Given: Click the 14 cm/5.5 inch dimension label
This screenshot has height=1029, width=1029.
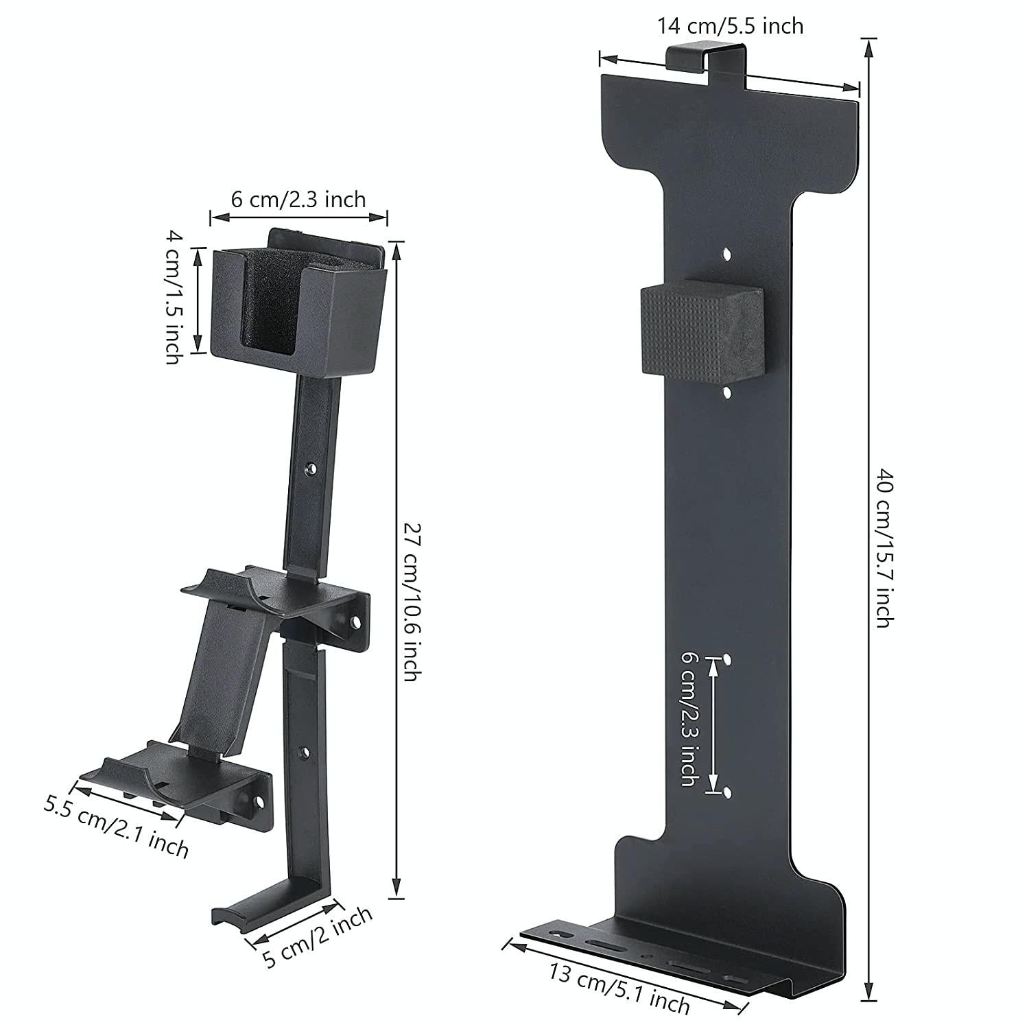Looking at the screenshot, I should point(730,26).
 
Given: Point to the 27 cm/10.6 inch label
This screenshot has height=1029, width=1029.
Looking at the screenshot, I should point(410,602).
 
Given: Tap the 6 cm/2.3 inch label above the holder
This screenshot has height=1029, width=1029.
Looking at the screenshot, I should point(298,200).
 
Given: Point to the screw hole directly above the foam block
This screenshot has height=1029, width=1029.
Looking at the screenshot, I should point(727,255).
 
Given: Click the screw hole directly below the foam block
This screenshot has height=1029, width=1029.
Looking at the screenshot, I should point(726,392).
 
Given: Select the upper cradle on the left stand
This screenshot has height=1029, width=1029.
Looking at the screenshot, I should point(274,590).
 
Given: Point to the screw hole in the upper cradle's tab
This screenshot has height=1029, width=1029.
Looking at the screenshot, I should point(355,622).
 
